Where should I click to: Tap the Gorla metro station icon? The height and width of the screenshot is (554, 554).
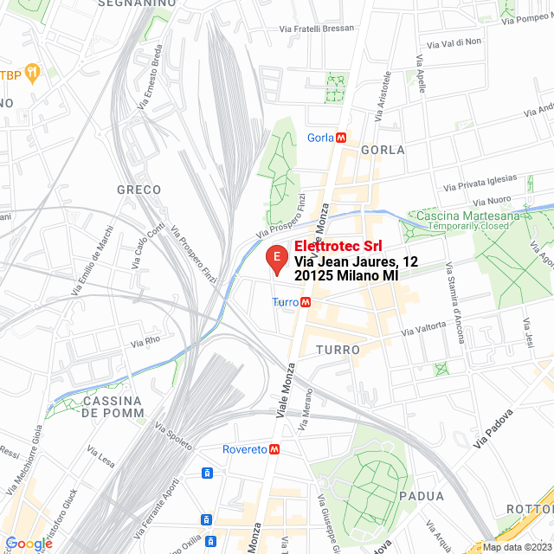point(342,138)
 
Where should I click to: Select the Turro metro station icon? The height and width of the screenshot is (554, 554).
point(306,302)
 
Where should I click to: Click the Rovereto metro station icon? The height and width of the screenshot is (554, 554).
point(274,449)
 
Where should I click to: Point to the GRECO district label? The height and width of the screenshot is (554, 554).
point(138,189)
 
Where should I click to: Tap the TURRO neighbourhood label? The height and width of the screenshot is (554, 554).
point(338,349)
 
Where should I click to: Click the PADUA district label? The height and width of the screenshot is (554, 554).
point(422,496)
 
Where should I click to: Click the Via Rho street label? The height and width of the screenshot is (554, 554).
point(145,342)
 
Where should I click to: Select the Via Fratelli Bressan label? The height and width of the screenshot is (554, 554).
point(317,29)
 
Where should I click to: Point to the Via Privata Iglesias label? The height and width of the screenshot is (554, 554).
point(480,184)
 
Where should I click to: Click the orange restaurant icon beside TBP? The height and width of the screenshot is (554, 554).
point(33,72)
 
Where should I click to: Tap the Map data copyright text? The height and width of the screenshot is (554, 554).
point(517,546)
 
